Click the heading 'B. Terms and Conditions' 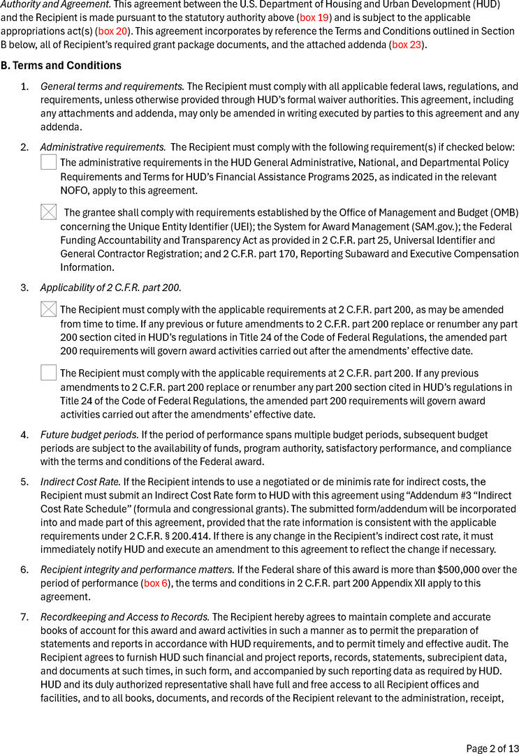[61, 66]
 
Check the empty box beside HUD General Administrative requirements [48, 163]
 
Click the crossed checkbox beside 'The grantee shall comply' [48, 212]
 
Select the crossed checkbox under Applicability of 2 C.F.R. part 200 [48, 309]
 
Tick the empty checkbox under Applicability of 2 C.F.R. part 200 [48, 373]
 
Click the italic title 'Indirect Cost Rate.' [80, 482]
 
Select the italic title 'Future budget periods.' [89, 434]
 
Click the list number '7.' [24, 617]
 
